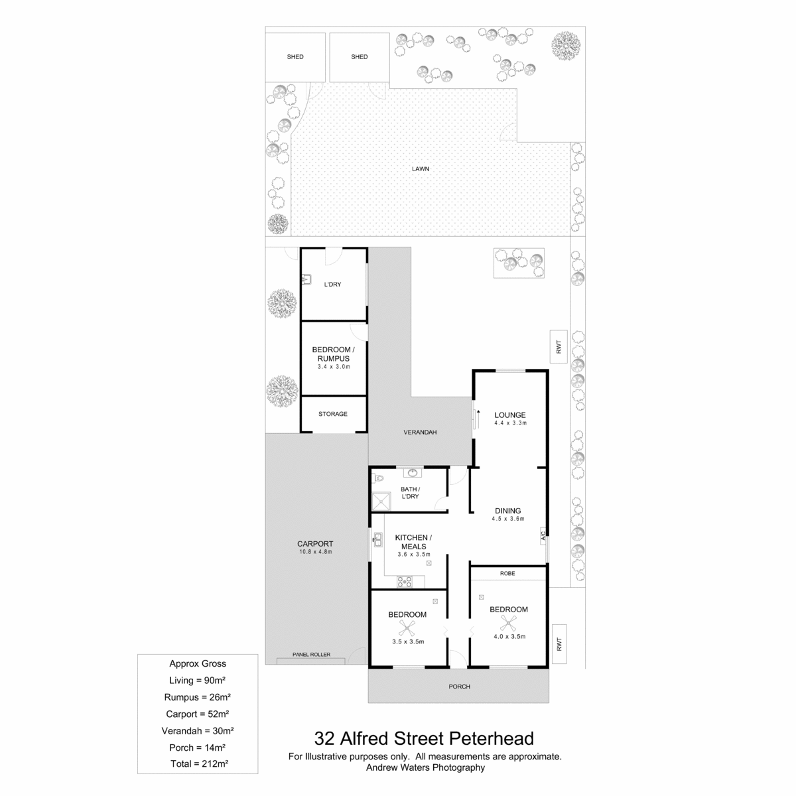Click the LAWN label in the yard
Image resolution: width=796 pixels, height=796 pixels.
pyautogui.click(x=420, y=169)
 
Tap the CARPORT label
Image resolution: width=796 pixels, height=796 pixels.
pyautogui.click(x=315, y=544)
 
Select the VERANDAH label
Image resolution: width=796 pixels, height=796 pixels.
pyautogui.click(x=420, y=432)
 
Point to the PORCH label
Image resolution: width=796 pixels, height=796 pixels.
pyautogui.click(x=459, y=687)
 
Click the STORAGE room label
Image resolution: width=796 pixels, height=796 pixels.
pyautogui.click(x=332, y=414)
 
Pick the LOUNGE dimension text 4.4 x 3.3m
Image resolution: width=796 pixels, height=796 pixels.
pyautogui.click(x=510, y=423)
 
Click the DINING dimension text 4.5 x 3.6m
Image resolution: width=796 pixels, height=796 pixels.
pyautogui.click(x=507, y=519)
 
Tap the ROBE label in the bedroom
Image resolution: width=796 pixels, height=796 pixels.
pyautogui.click(x=507, y=573)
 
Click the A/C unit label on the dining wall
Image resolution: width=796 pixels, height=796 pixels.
pyautogui.click(x=543, y=535)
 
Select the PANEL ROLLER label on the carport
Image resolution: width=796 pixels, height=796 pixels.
pyautogui.click(x=311, y=654)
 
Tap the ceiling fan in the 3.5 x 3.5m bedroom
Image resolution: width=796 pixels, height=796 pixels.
pyautogui.click(x=407, y=628)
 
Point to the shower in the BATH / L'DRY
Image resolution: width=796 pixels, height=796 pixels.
pyautogui.click(x=381, y=501)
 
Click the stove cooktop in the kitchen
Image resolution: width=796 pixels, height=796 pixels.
pyautogui.click(x=404, y=582)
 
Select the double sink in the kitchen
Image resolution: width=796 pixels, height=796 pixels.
pyautogui.click(x=377, y=540)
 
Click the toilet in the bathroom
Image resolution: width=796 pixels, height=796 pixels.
pyautogui.click(x=378, y=479)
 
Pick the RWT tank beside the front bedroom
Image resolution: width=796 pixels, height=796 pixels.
pyautogui.click(x=559, y=644)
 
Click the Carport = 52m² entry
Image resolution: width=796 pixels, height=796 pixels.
pyautogui.click(x=198, y=714)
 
